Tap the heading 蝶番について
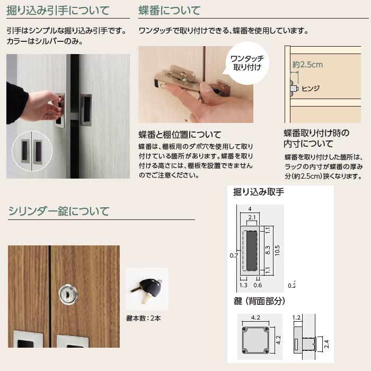coord(169,11)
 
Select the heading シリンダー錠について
coord(59,211)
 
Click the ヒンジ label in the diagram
coord(310,89)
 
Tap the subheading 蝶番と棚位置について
coord(180,135)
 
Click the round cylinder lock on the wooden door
coord(68,294)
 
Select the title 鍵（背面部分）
coord(259,301)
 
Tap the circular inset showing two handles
coord(32,151)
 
